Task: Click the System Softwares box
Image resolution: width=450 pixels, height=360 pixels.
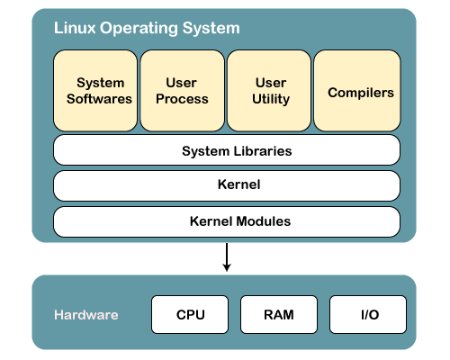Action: [x=95, y=91]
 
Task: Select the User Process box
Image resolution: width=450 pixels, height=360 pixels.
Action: [x=182, y=91]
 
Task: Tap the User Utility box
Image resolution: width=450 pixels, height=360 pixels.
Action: [x=269, y=91]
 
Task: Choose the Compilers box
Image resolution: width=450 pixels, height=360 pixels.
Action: [x=357, y=91]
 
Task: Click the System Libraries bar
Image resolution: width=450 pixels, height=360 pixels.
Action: [x=227, y=150]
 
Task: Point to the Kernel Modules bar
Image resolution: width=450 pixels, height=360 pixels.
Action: [x=227, y=221]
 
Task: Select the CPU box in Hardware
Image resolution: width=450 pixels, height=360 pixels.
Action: [x=190, y=314]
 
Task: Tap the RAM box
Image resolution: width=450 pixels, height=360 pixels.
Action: [x=279, y=314]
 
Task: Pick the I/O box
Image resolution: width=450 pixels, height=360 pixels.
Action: [x=368, y=314]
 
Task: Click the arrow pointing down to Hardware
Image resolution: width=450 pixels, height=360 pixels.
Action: [x=227, y=257]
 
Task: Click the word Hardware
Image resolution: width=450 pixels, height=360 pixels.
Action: [x=86, y=315]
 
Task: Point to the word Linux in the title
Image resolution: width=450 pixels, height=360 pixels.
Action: [x=75, y=28]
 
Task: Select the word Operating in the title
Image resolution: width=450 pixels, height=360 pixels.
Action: [x=139, y=29]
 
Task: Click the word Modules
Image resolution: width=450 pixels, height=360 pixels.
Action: [x=264, y=221]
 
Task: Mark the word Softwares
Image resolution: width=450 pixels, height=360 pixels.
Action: [x=99, y=99]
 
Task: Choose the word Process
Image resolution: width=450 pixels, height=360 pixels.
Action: [x=182, y=99]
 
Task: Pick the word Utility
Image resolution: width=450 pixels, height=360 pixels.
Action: [x=271, y=99]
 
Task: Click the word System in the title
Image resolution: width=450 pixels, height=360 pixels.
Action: [x=211, y=29]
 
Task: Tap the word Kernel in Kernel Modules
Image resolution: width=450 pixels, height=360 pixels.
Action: [x=211, y=221]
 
